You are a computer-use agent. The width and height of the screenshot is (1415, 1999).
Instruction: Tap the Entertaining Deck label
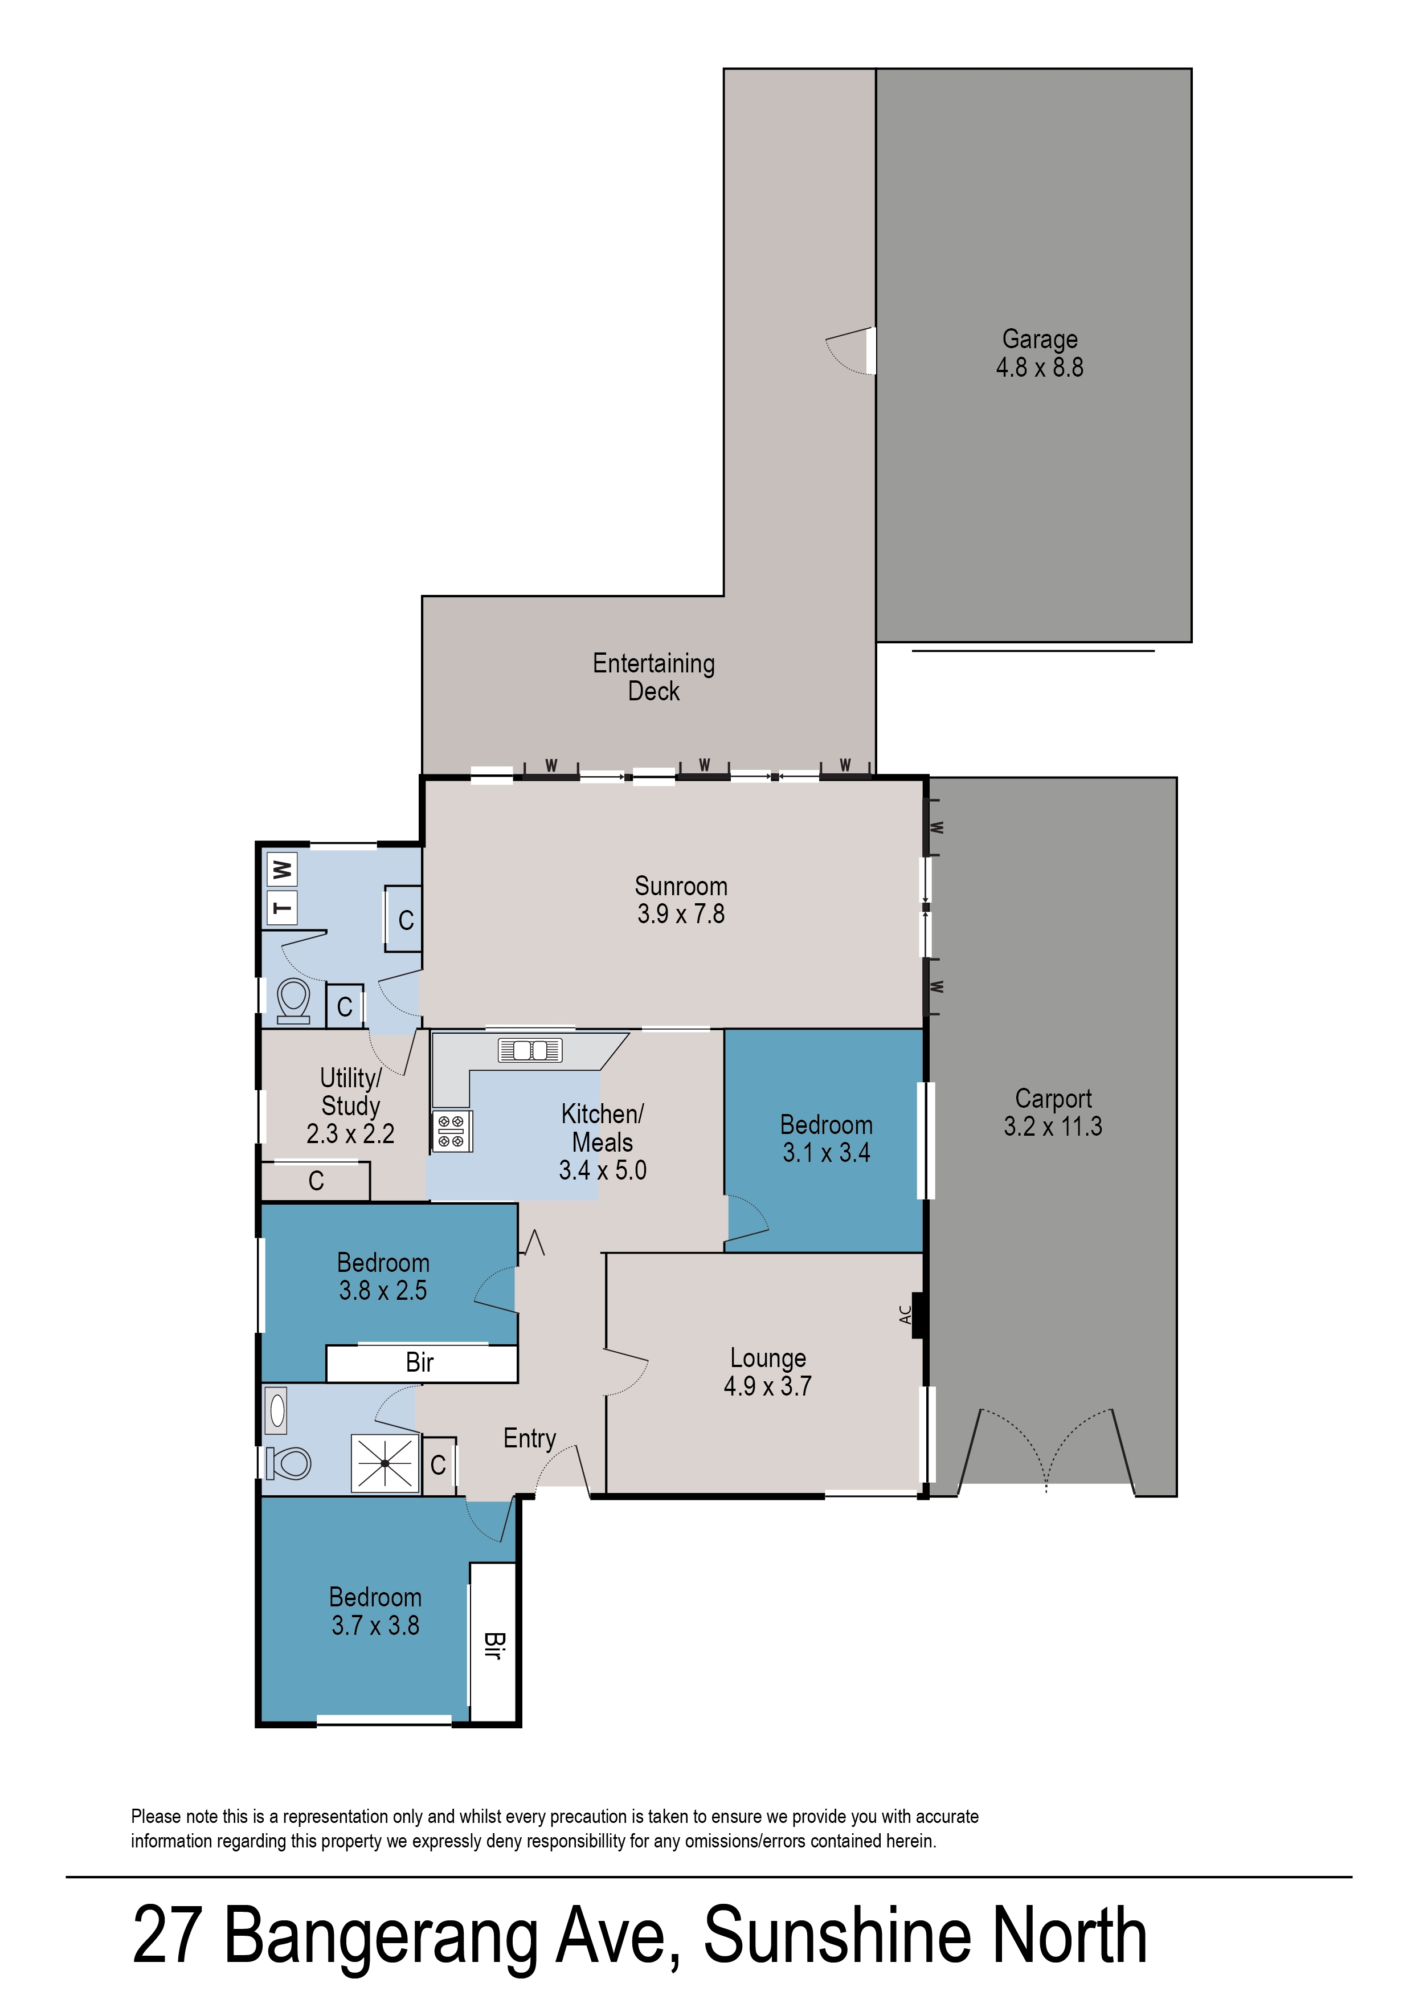(x=653, y=677)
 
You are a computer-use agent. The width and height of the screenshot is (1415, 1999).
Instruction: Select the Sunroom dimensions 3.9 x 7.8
(x=681, y=914)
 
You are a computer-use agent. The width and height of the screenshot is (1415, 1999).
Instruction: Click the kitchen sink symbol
(x=530, y=1050)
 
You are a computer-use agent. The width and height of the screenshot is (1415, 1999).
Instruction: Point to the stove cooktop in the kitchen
(x=451, y=1131)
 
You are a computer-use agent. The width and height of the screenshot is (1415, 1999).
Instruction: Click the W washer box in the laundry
(x=281, y=869)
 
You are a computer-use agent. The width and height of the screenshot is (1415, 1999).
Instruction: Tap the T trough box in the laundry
(x=281, y=907)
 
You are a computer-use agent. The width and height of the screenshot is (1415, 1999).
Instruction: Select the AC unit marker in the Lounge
(x=915, y=1314)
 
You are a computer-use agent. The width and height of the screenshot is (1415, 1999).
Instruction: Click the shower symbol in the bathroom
(x=385, y=1463)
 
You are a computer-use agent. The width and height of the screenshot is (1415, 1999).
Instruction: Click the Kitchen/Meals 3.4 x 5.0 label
(x=602, y=1141)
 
